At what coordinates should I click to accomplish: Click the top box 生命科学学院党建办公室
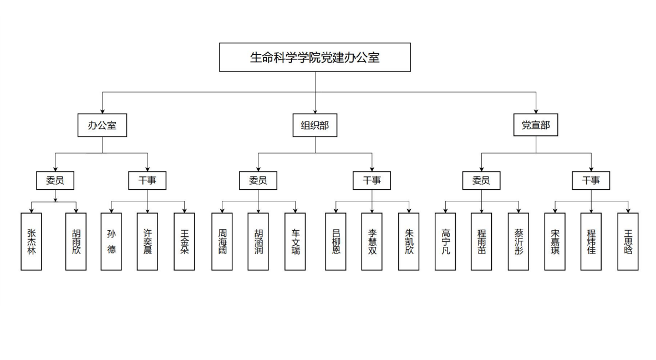(x=315, y=57)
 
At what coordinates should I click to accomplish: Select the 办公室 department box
(x=102, y=125)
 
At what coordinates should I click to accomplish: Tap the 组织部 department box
(x=315, y=125)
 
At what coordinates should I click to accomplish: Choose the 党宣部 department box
(x=536, y=125)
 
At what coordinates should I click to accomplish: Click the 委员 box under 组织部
(x=258, y=180)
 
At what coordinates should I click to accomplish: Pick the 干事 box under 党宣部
(x=591, y=180)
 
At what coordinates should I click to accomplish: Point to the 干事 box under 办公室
(x=148, y=180)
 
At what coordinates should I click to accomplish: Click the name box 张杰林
(x=31, y=241)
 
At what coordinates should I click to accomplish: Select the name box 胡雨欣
(x=76, y=241)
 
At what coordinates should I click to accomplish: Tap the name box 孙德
(x=111, y=241)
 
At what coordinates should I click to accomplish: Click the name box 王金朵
(x=184, y=241)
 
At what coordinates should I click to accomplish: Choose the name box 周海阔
(x=222, y=241)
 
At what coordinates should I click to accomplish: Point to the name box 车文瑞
(x=296, y=241)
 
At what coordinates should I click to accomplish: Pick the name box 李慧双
(x=372, y=241)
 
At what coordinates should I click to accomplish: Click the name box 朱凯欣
(x=409, y=241)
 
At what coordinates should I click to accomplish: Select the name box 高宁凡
(x=445, y=241)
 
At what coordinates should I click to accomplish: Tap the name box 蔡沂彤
(x=518, y=241)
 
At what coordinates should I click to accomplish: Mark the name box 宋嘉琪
(x=555, y=241)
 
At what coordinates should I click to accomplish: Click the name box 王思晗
(x=628, y=241)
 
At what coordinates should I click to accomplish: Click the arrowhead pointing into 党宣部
(x=536, y=111)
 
